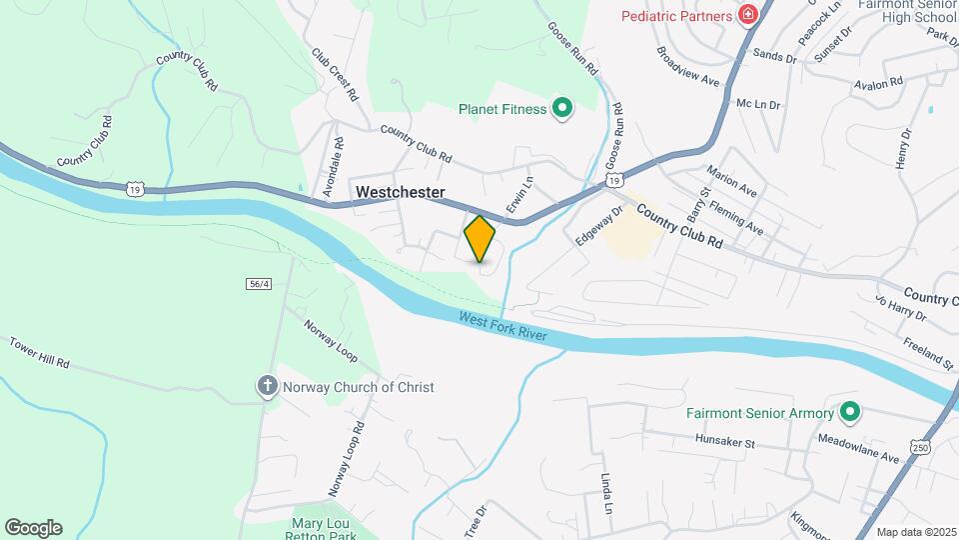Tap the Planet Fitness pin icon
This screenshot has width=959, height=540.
click(561, 109)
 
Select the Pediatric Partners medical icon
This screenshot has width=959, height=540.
click(746, 15)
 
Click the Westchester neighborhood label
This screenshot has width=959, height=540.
click(399, 191)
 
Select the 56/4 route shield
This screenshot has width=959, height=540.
click(259, 284)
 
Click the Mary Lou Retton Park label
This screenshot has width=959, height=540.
click(323, 529)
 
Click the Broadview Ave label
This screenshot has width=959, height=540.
click(688, 66)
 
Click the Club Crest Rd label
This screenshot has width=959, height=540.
click(335, 76)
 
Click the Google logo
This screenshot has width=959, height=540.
click(33, 528)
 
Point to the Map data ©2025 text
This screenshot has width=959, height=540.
click(914, 532)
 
